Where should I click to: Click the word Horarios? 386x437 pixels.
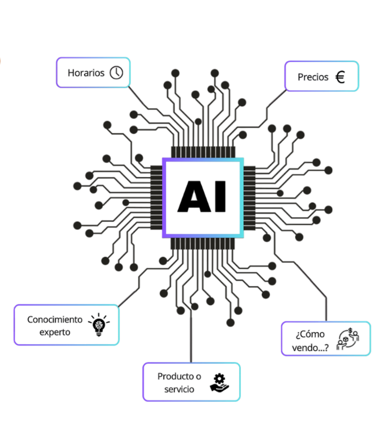86,72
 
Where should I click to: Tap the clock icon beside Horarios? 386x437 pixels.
116,72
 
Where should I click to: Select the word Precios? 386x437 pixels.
313,77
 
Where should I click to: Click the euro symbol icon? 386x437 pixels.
340,77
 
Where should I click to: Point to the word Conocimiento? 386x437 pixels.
55,319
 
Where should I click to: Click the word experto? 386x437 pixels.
55,332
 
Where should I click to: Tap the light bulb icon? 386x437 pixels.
98,325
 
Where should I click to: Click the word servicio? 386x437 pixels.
179,389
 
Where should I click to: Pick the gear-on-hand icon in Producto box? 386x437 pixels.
218,382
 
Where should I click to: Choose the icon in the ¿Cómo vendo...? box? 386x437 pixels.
348,339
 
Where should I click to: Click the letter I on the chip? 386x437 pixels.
219,197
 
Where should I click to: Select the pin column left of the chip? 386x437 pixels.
156,198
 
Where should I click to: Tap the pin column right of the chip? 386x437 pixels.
250,198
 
